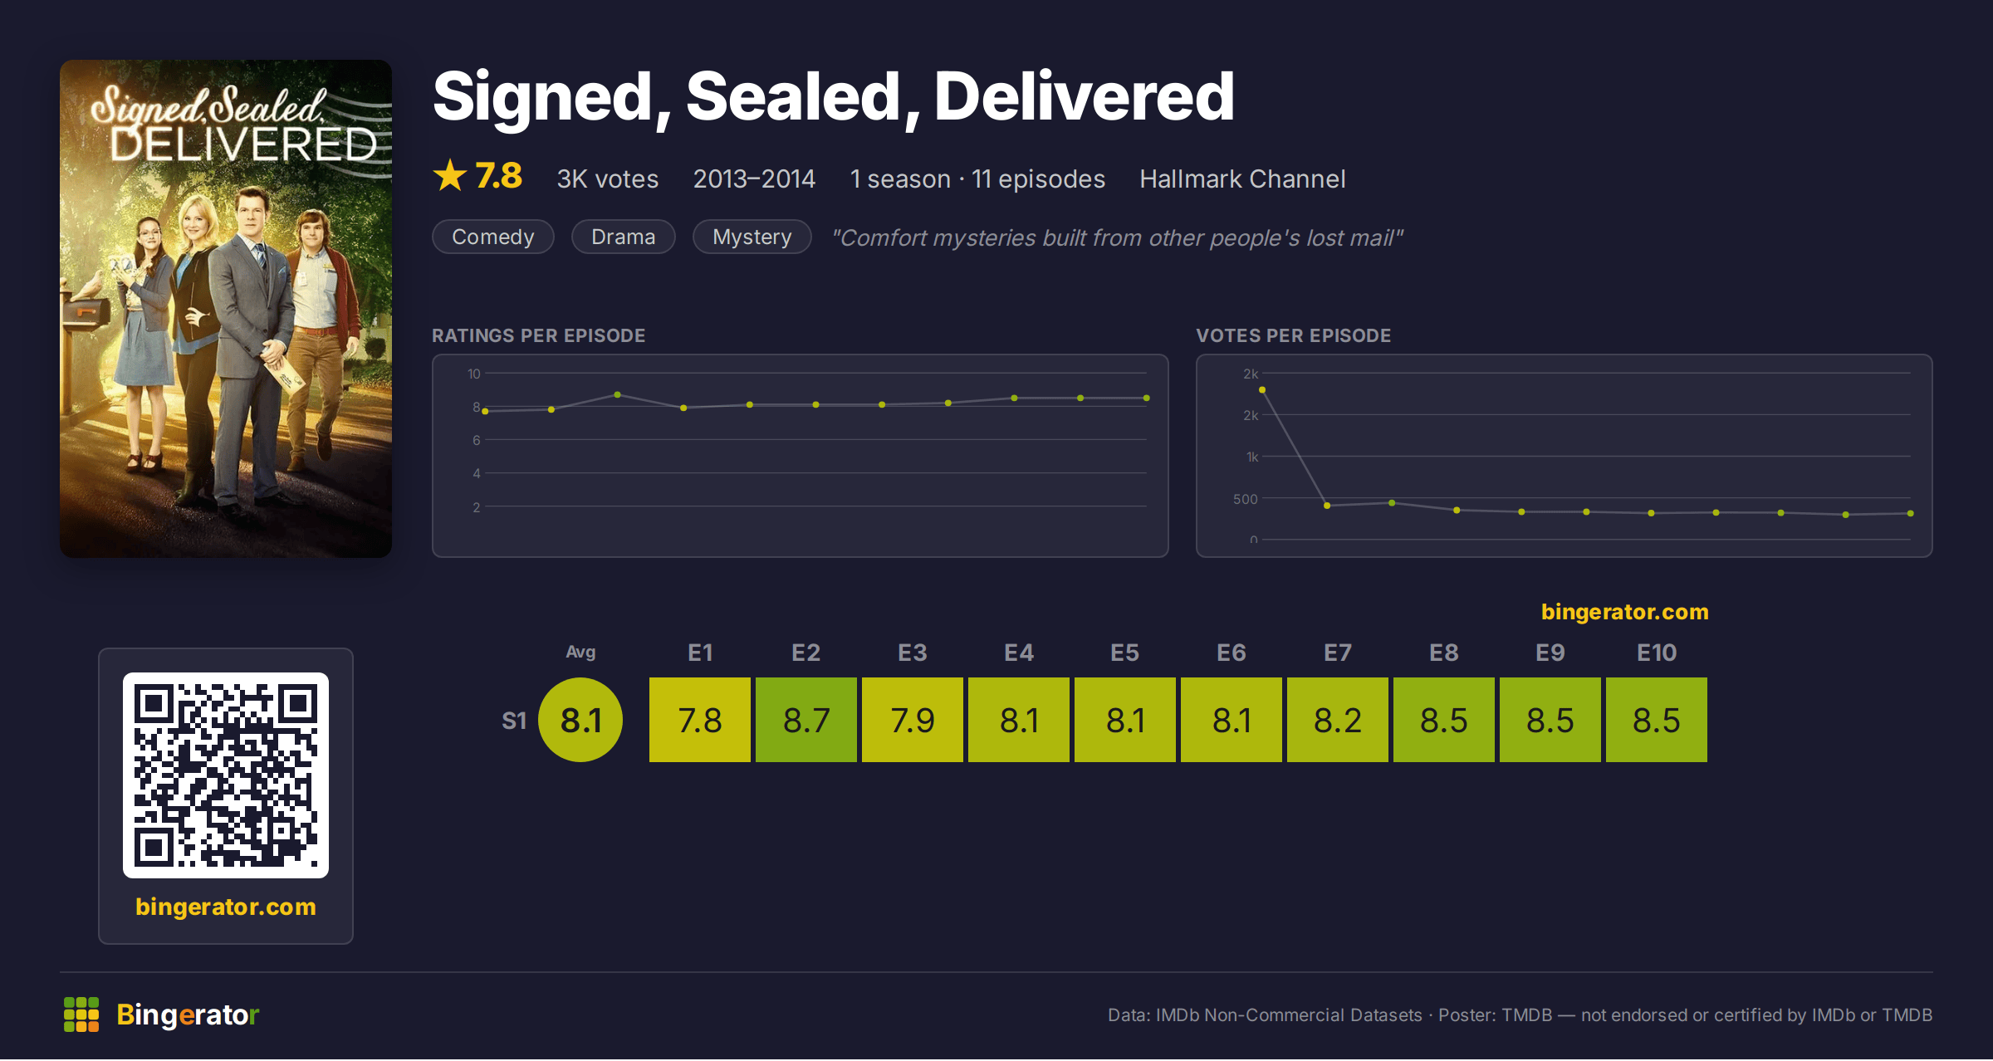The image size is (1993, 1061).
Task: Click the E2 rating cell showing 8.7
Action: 806,720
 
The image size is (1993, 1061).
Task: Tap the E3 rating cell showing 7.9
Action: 912,720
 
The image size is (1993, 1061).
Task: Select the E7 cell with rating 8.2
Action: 1337,720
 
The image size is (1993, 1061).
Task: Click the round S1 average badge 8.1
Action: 580,720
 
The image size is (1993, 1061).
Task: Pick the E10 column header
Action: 1656,653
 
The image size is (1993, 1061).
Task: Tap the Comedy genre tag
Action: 493,237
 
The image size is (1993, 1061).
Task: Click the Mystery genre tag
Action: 752,237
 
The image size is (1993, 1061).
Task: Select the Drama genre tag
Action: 623,237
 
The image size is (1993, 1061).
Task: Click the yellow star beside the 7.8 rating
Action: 450,175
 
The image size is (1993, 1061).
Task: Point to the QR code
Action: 226,775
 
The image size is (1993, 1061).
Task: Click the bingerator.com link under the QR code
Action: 226,907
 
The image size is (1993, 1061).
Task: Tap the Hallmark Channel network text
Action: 1242,178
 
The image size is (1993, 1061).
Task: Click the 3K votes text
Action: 607,178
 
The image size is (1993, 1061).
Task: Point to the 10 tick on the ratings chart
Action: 473,374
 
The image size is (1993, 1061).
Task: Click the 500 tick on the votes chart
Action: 1245,499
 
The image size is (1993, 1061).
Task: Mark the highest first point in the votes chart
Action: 1262,389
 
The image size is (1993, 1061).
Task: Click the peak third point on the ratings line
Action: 617,394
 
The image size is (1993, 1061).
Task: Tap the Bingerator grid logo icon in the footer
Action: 81,1015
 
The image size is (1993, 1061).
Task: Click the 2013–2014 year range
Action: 754,178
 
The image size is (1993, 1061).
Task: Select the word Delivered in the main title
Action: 1084,96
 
